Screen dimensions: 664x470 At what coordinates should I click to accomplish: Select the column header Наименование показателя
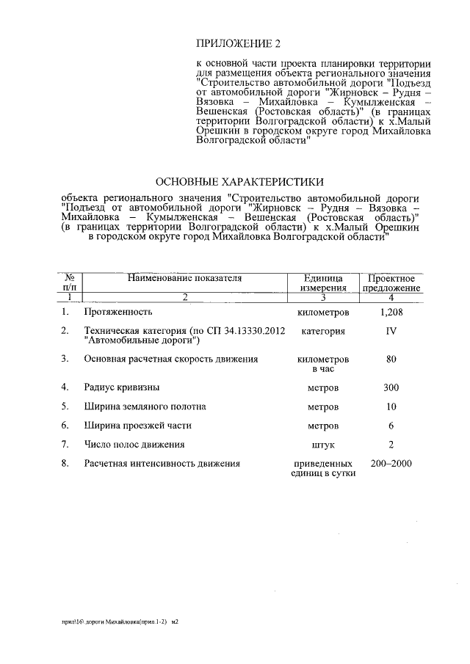(x=184, y=278)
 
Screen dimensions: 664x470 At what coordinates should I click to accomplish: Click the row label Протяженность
(x=117, y=313)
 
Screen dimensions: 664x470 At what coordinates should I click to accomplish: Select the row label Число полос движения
(x=134, y=444)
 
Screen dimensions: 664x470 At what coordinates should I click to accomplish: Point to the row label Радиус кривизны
(x=122, y=387)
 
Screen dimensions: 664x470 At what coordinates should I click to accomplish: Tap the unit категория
(x=323, y=331)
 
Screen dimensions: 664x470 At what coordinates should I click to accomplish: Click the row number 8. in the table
(x=66, y=464)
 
